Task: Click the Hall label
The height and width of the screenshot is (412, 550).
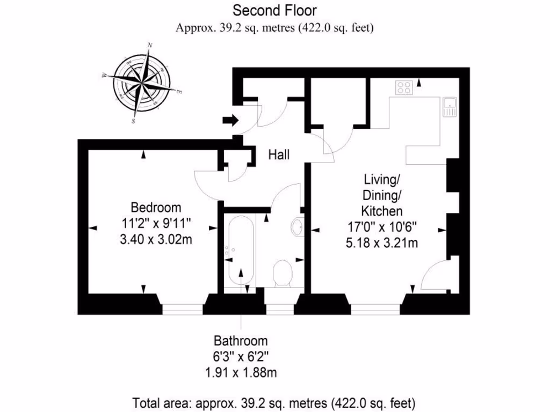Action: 279,155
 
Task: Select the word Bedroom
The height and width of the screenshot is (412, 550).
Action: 156,207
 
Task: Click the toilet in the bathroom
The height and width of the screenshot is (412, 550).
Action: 282,273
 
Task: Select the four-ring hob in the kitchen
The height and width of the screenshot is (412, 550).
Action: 404,87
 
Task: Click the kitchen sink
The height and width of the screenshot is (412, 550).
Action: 449,107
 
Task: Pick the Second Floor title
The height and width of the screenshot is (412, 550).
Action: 274,10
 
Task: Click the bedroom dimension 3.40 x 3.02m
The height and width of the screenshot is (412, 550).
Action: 156,239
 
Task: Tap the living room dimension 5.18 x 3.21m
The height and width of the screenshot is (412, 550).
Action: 382,243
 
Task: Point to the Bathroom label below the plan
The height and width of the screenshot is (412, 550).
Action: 241,341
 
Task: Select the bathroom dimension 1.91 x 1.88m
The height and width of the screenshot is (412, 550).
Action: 241,372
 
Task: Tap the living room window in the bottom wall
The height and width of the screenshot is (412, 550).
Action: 375,310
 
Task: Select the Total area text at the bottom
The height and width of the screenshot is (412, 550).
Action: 274,402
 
